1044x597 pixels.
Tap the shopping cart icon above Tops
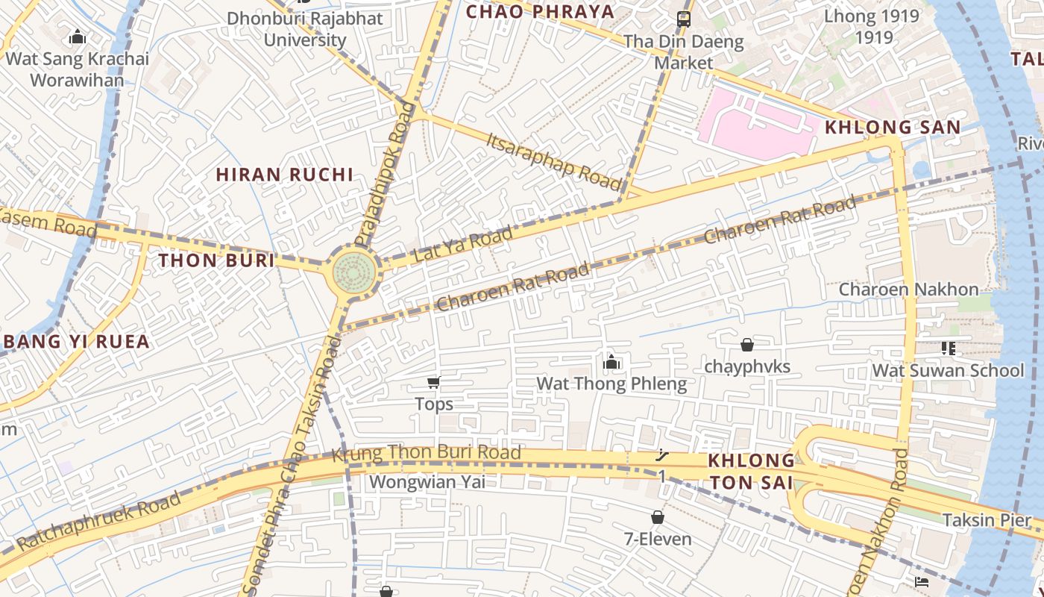[x=433, y=383]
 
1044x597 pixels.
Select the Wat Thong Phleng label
[x=611, y=384]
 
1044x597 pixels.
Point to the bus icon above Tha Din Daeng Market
[x=683, y=19]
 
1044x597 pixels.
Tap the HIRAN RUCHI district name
[x=284, y=175]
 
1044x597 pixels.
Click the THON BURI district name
[x=216, y=260]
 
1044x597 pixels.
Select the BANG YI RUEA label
[x=77, y=342]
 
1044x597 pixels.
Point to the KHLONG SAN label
[x=893, y=127]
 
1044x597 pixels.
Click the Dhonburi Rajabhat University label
[x=305, y=29]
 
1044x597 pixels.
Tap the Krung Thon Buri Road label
[x=426, y=453]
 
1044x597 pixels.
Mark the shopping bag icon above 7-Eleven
[x=657, y=517]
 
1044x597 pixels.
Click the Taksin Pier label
[x=986, y=520]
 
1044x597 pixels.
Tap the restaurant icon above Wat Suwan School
[x=948, y=348]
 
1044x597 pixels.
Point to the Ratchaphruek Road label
[x=98, y=521]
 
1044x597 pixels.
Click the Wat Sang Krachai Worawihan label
[x=78, y=69]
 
